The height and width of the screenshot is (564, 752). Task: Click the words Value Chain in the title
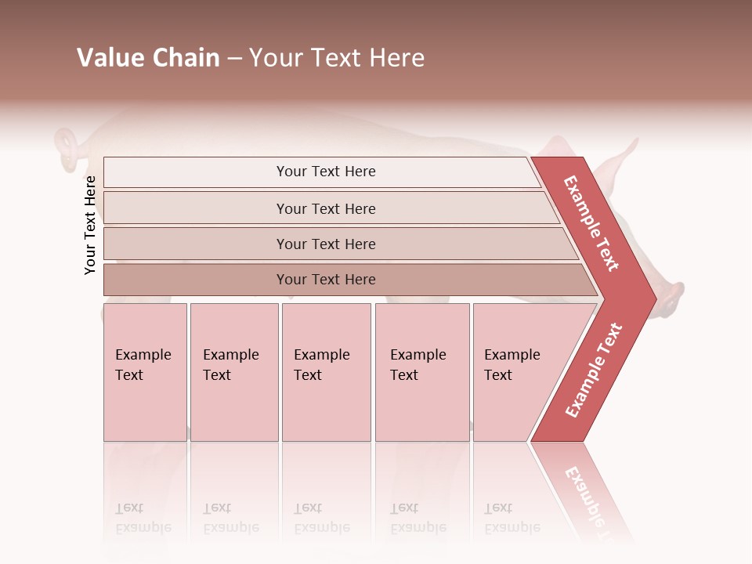coord(148,58)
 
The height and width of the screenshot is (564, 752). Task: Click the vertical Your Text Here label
coord(90,225)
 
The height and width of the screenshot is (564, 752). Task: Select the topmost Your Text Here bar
coord(325,172)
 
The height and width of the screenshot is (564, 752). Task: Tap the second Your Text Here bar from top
coord(325,208)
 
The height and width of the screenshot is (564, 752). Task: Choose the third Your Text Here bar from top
coord(325,244)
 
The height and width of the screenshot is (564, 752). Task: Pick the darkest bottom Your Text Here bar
coord(325,280)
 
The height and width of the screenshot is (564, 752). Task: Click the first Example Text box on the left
coord(145,372)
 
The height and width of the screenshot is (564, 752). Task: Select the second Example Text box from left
coord(233,372)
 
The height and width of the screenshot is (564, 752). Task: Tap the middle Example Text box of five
coord(325,372)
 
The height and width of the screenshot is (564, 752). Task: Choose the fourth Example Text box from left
coord(421,372)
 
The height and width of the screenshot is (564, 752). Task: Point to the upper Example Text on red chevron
coord(591,223)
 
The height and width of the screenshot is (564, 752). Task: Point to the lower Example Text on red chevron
coord(593,370)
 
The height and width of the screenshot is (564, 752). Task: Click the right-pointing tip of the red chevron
coord(652,298)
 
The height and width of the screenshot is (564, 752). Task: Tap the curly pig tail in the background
coord(67,147)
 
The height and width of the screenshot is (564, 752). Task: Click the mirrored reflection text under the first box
coord(143,518)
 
